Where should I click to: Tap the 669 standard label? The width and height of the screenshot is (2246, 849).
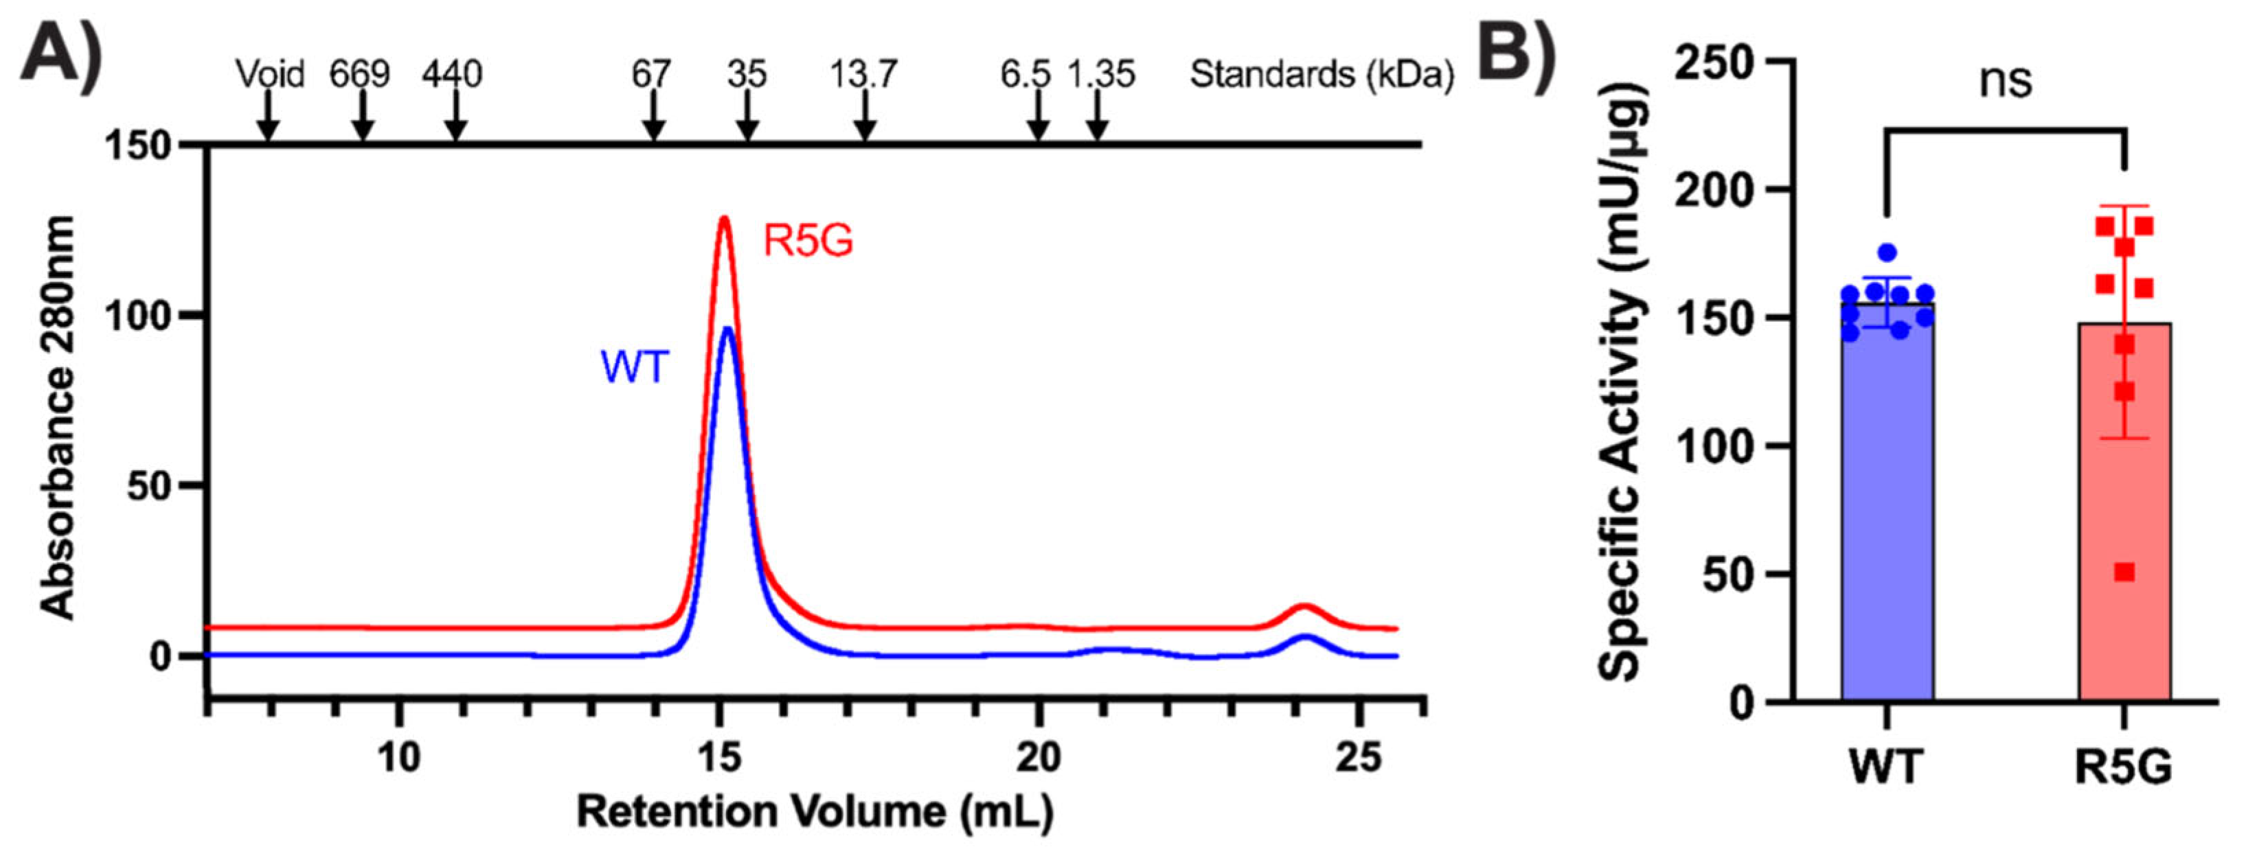click(359, 75)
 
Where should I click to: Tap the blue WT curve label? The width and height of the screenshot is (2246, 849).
click(634, 367)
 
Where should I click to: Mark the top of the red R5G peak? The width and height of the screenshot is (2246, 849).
click(723, 218)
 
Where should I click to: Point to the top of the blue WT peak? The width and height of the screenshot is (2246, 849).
click(728, 329)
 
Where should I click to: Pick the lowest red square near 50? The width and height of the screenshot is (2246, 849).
click(2125, 572)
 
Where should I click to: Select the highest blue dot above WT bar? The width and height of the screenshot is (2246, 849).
click(1887, 253)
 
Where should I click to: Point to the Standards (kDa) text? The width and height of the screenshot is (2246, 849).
click(1321, 75)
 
